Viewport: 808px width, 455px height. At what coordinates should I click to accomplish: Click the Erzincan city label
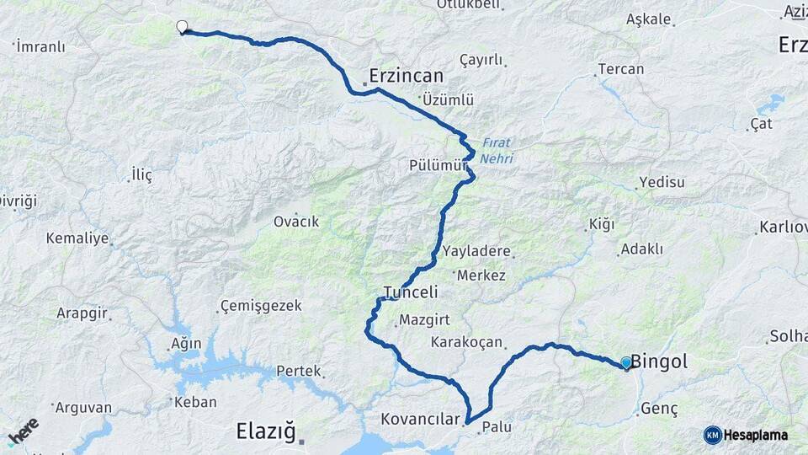pyautogui.click(x=407, y=75)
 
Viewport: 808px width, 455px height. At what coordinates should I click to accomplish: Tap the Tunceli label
pyautogui.click(x=411, y=292)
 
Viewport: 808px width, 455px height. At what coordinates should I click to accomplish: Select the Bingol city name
pyautogui.click(x=659, y=362)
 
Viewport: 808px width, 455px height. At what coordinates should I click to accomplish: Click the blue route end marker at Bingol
pyautogui.click(x=626, y=363)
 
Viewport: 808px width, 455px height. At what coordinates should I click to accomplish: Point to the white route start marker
pyautogui.click(x=182, y=27)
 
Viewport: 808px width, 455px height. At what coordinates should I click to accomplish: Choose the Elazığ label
pyautogui.click(x=265, y=432)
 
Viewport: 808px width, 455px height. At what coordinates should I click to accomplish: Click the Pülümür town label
pyautogui.click(x=437, y=165)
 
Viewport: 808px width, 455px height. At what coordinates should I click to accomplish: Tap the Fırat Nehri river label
pyautogui.click(x=497, y=150)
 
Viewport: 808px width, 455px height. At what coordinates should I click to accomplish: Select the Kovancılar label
pyautogui.click(x=422, y=419)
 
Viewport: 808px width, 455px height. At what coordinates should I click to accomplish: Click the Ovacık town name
pyautogui.click(x=296, y=222)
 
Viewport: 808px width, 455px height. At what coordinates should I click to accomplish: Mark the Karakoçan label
pyautogui.click(x=466, y=342)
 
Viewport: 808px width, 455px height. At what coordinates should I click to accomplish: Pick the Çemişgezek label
pyautogui.click(x=261, y=306)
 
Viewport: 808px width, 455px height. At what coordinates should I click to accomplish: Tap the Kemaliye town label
pyautogui.click(x=77, y=238)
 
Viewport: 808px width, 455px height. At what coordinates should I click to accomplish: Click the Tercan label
pyautogui.click(x=620, y=69)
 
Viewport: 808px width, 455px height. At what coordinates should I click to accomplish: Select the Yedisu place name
pyautogui.click(x=662, y=182)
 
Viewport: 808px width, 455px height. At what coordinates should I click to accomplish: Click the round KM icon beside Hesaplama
pyautogui.click(x=712, y=436)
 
